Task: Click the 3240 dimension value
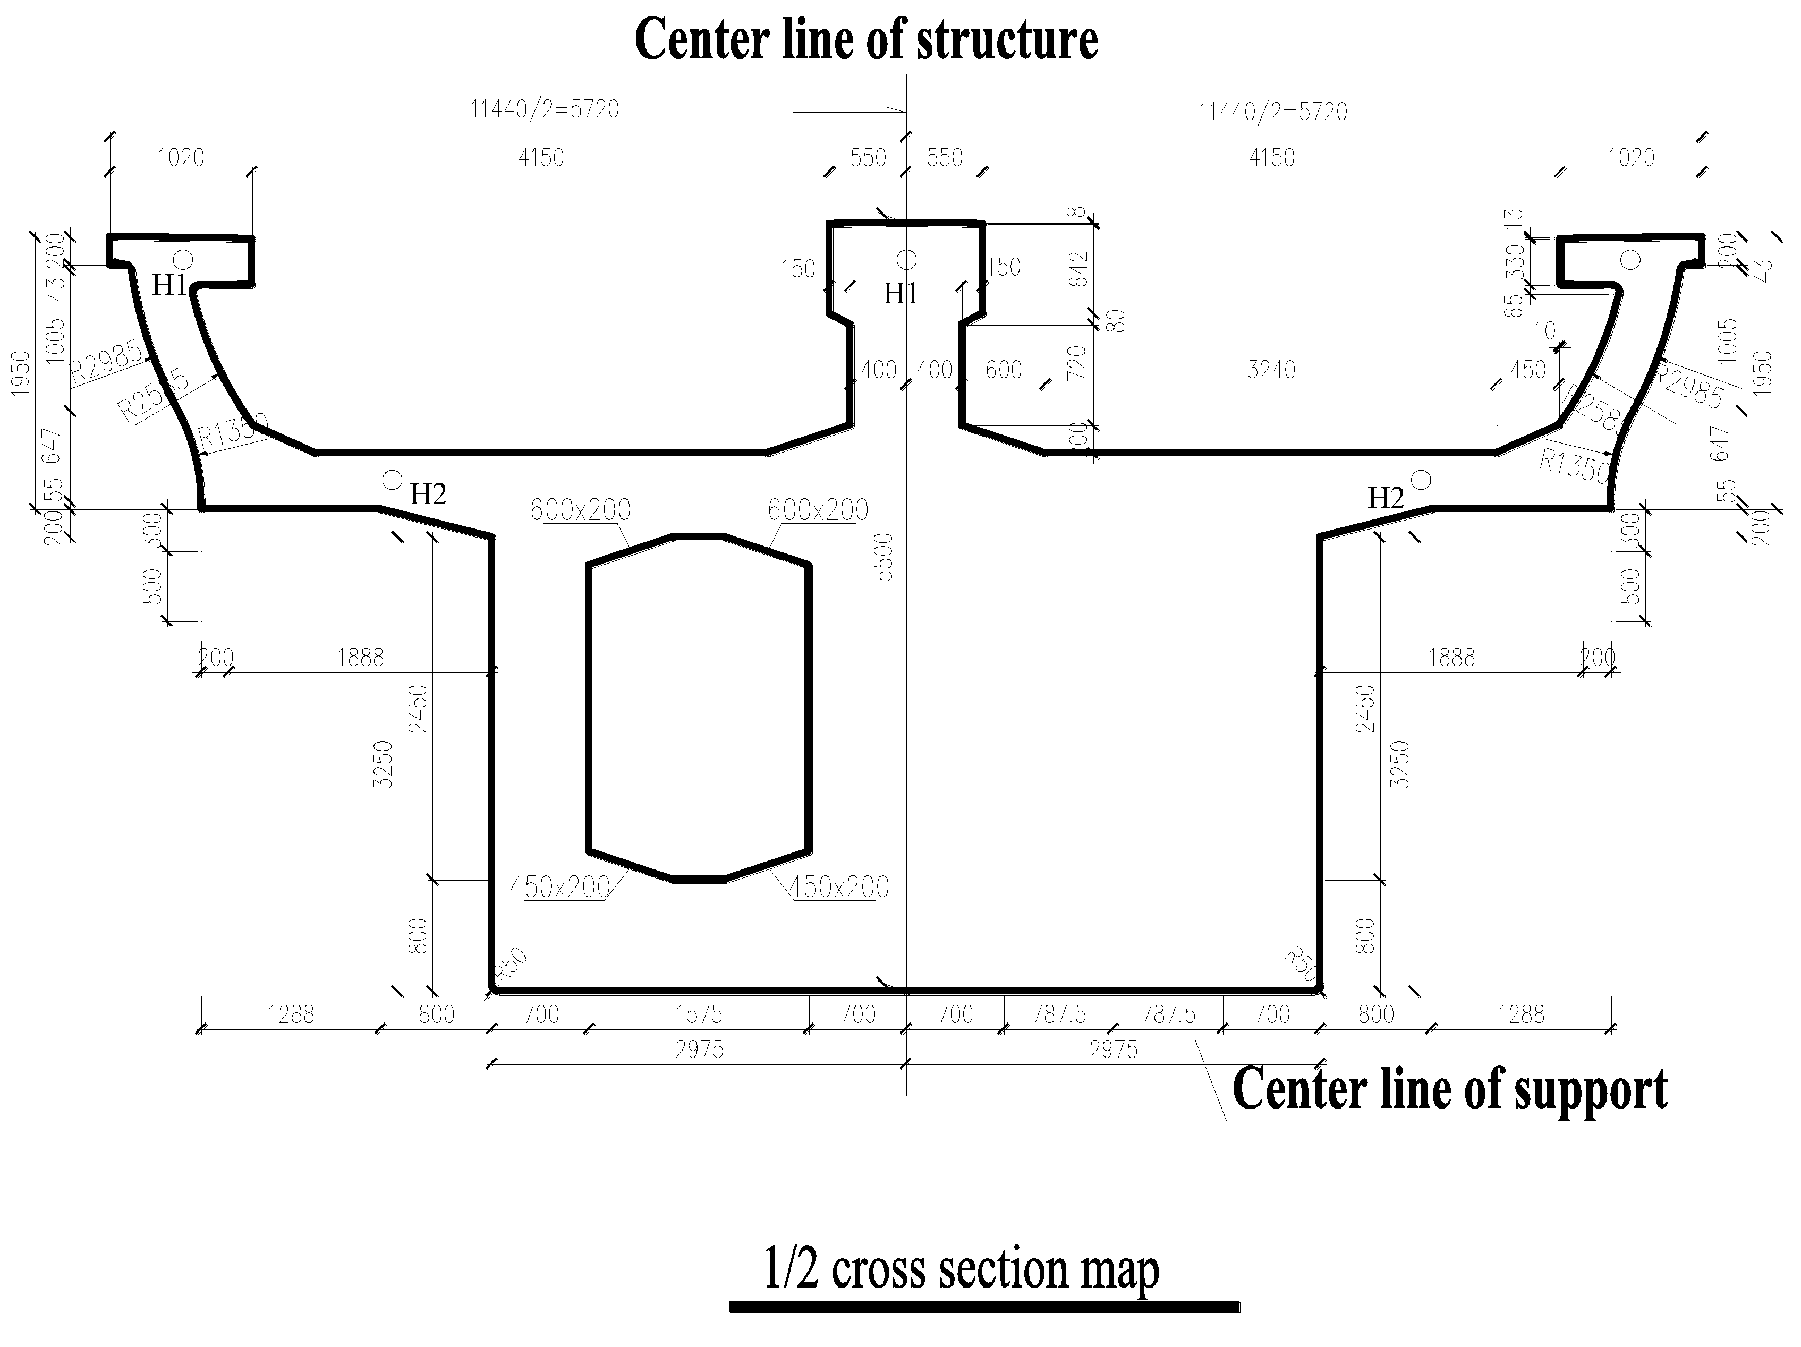(1271, 370)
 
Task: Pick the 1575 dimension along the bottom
(699, 1014)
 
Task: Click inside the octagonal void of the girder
(699, 708)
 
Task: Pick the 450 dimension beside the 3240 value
(1527, 370)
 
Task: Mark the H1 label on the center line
(901, 294)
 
